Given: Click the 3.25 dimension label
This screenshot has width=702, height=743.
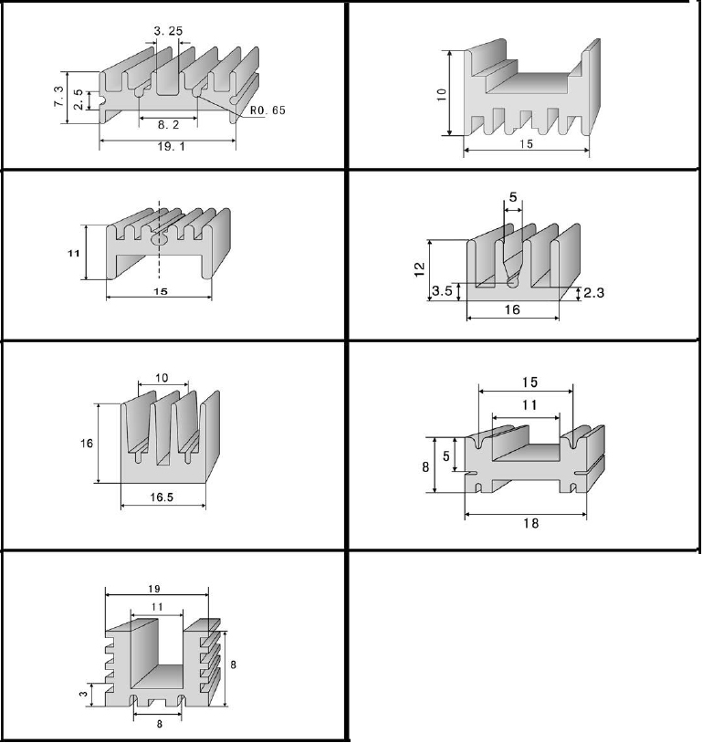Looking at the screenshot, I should tap(168, 31).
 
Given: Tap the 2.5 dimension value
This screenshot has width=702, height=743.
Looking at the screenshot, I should tap(79, 99).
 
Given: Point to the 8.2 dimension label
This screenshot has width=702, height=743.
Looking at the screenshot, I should tap(169, 126).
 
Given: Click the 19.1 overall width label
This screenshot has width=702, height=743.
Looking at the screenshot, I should tap(168, 147).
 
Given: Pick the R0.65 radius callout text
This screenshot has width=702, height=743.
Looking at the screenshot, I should tap(267, 110).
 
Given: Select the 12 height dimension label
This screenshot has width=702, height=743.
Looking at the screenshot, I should tap(418, 268).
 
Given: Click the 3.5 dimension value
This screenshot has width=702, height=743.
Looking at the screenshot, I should tap(442, 291).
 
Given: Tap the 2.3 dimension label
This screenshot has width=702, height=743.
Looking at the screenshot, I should tap(593, 292).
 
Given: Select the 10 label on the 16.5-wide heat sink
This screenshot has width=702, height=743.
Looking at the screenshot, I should tap(162, 377).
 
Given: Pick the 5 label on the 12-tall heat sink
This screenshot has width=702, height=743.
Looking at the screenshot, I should tap(512, 196).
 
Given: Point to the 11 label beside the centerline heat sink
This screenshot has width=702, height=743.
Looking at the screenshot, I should tap(73, 253).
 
